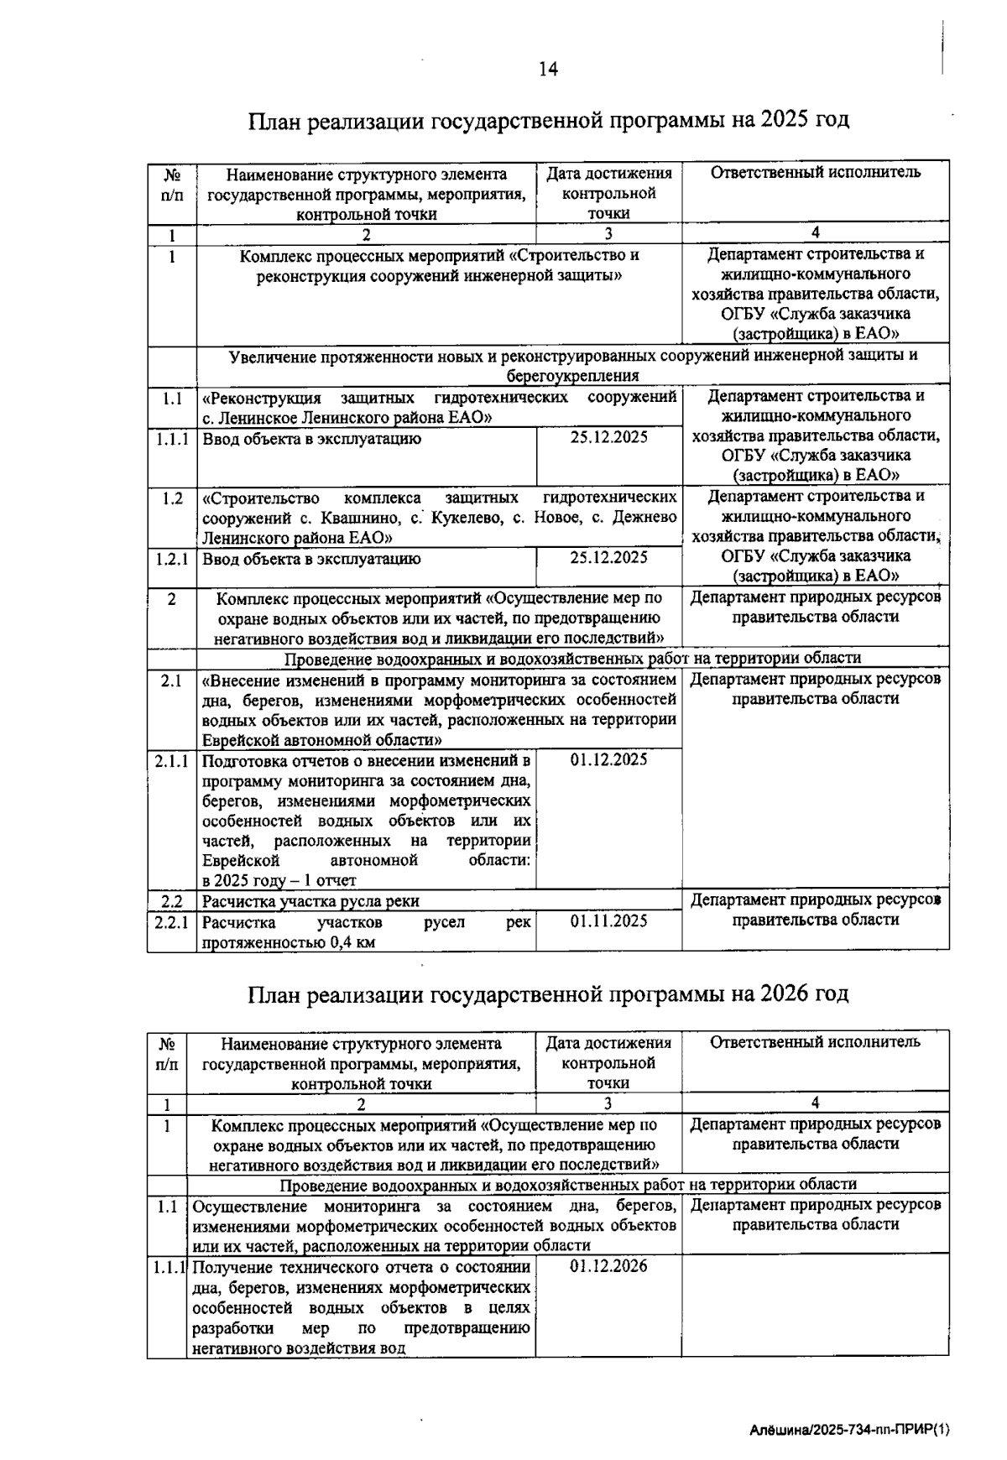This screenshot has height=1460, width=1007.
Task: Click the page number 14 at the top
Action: [548, 69]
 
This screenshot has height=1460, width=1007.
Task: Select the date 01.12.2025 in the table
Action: [609, 759]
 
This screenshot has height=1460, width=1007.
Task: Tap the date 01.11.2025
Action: [609, 921]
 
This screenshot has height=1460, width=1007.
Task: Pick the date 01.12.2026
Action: [609, 1266]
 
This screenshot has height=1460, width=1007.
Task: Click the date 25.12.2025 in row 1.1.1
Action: [609, 437]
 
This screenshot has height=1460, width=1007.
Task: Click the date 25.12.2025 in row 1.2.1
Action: [609, 557]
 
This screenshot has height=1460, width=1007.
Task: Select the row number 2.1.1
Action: [172, 760]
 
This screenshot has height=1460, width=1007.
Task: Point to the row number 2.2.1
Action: [172, 921]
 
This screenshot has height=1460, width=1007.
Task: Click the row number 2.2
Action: [172, 901]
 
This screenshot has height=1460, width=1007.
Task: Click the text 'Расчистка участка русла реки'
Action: [310, 901]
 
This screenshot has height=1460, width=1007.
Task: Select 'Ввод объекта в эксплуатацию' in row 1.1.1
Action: [312, 439]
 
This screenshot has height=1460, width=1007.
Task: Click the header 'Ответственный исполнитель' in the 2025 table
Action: [816, 173]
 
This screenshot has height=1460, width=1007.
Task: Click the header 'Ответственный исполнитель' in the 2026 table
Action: [816, 1042]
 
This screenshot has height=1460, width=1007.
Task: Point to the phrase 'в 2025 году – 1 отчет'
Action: [279, 880]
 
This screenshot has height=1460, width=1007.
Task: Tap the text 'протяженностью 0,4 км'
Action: [289, 941]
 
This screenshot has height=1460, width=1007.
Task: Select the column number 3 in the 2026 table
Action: [608, 1103]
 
